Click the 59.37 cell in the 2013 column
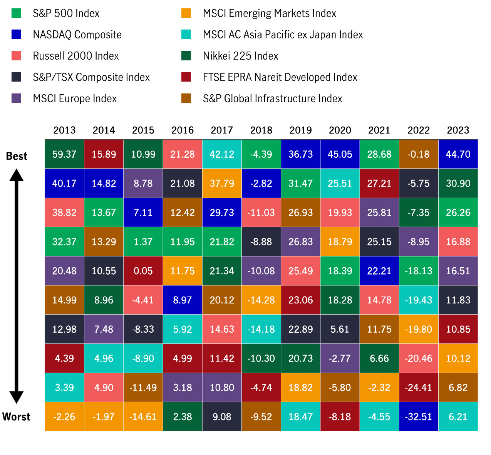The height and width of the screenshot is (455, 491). point(64,154)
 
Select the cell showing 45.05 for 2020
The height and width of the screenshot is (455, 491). point(340,154)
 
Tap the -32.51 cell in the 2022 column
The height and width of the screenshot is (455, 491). point(419,417)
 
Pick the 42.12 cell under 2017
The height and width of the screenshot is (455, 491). point(222,154)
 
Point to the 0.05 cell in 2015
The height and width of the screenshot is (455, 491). point(143,271)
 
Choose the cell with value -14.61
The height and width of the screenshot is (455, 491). point(143,417)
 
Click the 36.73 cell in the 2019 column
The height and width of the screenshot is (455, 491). point(301,154)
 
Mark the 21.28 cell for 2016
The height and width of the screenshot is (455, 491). point(183,154)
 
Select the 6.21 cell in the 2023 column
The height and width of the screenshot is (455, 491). point(458,417)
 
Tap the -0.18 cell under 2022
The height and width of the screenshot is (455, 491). point(419,154)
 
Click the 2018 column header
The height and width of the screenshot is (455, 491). point(261,130)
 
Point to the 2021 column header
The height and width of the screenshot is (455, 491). point(379,130)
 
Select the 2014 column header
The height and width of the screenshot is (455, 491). point(104,130)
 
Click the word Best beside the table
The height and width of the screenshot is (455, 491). point(17,156)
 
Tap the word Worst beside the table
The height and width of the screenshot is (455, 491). point(16,417)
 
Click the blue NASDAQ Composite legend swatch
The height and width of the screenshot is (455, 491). point(16,34)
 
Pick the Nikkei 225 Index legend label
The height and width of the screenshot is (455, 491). point(241,56)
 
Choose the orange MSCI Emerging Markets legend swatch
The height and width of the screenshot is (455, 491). point(186,13)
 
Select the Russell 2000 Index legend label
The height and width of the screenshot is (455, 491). point(76,56)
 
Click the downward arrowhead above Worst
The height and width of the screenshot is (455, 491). point(16,397)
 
